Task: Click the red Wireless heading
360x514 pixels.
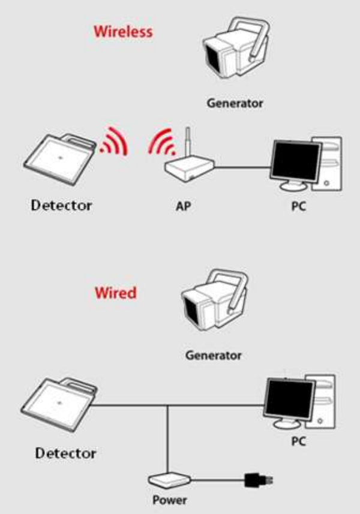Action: point(123,31)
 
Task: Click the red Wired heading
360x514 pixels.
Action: point(115,293)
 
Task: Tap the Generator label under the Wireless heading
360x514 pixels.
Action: point(235,103)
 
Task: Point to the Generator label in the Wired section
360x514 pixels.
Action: point(213,355)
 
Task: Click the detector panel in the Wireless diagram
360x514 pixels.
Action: point(59,157)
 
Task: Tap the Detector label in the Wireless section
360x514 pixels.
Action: point(62,205)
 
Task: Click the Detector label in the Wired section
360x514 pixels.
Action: point(66,452)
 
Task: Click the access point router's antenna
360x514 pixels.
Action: point(188,144)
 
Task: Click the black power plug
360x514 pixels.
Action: point(254,479)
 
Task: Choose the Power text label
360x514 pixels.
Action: point(170,500)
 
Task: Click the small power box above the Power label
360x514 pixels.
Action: point(170,480)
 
